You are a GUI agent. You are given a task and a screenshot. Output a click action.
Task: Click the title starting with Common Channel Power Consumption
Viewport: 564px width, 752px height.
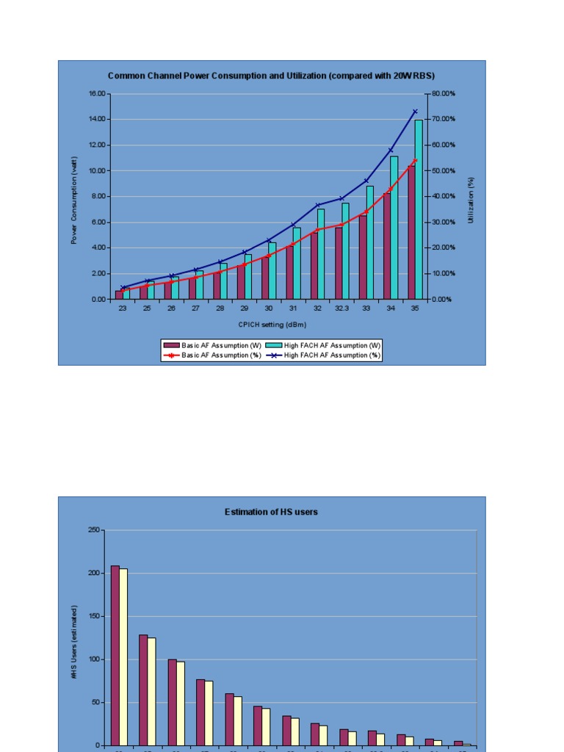pos(271,76)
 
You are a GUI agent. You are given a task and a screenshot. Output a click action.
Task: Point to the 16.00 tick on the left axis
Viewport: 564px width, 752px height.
pos(97,94)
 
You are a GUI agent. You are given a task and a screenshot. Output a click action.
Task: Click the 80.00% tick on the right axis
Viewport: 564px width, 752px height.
pos(444,94)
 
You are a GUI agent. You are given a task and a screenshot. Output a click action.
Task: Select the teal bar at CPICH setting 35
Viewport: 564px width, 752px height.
pos(419,209)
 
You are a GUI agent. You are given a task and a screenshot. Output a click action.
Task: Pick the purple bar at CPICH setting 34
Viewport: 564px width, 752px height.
pos(386,246)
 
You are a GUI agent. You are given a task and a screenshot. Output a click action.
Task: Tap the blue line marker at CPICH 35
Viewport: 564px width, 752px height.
pos(415,112)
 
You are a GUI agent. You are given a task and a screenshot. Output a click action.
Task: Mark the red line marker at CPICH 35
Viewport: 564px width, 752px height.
pos(415,160)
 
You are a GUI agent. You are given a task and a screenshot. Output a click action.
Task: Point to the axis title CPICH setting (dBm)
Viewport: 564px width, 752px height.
pos(272,324)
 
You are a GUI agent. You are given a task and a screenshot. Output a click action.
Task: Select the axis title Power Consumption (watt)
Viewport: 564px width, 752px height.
pos(74,200)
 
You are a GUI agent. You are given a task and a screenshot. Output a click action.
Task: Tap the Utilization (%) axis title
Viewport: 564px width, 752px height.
pos(471,198)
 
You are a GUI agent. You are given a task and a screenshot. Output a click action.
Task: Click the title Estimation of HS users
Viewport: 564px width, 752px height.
pos(271,512)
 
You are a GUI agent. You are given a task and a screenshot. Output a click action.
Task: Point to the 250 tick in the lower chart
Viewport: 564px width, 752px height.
pos(94,529)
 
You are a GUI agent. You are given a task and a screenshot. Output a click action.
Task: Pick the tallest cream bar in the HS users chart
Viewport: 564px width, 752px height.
pos(123,657)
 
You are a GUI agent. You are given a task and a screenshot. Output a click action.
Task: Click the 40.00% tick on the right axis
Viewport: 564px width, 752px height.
pos(444,197)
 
